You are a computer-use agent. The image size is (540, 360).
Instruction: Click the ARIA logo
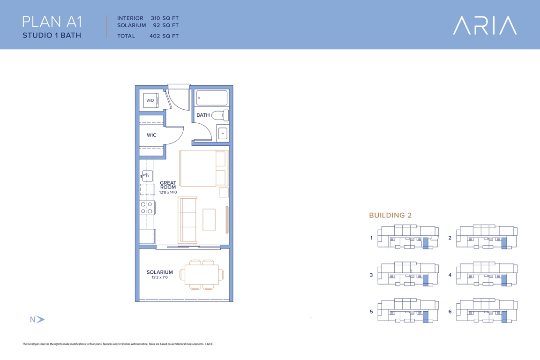[485, 25]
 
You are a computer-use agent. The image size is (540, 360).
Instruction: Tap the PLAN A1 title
[52, 22]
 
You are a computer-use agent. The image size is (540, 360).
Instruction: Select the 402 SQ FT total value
[164, 36]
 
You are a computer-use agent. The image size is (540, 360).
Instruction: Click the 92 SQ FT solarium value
[166, 25]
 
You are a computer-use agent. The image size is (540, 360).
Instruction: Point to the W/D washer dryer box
[151, 100]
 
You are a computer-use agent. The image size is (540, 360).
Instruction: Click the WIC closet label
[151, 135]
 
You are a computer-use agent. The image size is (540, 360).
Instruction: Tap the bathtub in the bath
[212, 98]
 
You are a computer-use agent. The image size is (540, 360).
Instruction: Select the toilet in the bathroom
[220, 115]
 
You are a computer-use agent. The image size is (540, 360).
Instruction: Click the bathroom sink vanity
[223, 133]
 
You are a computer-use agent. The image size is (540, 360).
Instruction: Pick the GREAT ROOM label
[168, 185]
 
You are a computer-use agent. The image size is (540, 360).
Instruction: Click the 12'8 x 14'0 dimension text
[168, 192]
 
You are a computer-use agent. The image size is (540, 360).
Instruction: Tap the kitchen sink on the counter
[147, 176]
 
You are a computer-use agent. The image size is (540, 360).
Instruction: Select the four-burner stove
[147, 208]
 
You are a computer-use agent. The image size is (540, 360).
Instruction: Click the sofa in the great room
[187, 220]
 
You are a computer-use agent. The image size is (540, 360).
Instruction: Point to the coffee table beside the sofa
[209, 220]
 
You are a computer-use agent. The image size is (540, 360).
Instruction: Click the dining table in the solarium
[202, 274]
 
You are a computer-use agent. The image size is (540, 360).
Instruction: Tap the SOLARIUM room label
[160, 272]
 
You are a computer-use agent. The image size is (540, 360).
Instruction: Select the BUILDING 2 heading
[390, 215]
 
